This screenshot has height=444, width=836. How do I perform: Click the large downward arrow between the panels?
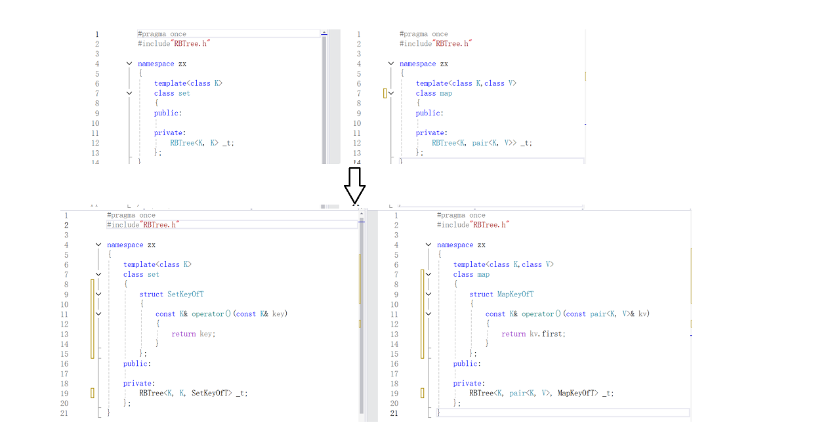[355, 186]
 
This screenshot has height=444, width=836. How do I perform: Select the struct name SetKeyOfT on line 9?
[186, 294]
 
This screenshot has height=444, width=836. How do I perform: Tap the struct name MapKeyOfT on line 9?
[515, 294]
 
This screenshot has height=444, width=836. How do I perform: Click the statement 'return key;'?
[193, 334]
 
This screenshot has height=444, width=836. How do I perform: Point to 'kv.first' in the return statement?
[547, 334]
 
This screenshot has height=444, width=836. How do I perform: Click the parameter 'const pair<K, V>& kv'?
[607, 314]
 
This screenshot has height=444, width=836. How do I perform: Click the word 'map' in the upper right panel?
[446, 93]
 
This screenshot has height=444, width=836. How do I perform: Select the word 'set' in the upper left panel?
[184, 93]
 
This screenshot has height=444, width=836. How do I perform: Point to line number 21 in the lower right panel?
[394, 413]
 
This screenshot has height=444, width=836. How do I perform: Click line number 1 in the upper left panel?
[96, 34]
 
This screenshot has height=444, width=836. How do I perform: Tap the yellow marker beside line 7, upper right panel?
[385, 93]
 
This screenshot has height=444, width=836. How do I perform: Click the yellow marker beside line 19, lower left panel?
[93, 394]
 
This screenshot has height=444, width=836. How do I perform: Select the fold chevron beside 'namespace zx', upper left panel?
[129, 64]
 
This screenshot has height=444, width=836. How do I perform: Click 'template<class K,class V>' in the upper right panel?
[466, 83]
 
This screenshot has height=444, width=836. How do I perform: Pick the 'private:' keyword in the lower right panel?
[469, 384]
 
